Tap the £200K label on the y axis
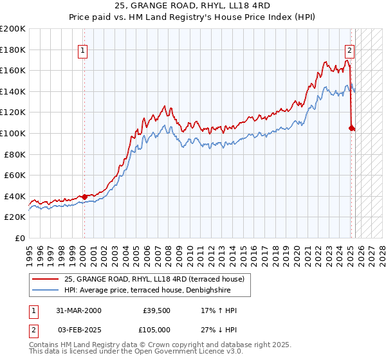pos(13,29)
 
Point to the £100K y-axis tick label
pos(13,133)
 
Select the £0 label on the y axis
pos(19,238)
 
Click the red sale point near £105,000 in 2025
pos(351,128)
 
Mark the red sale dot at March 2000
pos(84,197)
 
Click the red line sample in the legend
pos(46,279)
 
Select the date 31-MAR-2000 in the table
pos(78,310)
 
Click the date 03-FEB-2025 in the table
pos(78,329)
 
